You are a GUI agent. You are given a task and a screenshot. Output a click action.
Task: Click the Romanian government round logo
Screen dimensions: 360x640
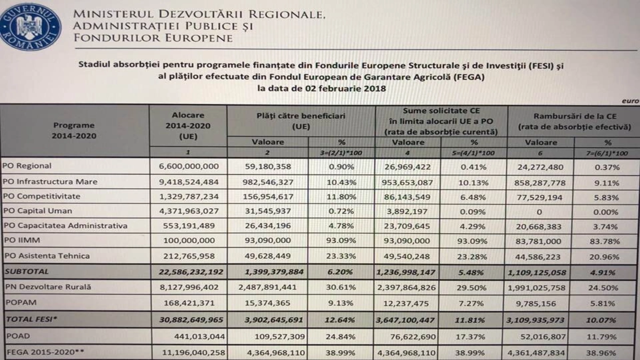[30, 26]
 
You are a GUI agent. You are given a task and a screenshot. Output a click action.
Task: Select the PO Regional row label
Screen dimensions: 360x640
[27, 166]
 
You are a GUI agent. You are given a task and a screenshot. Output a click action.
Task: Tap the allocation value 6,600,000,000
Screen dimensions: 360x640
[188, 166]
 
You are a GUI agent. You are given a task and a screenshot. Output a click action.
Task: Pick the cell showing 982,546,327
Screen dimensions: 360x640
[268, 182]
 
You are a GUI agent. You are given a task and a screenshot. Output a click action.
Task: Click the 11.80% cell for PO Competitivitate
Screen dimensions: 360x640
[342, 197]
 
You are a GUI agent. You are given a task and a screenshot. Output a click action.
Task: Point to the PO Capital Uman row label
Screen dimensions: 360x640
[38, 211]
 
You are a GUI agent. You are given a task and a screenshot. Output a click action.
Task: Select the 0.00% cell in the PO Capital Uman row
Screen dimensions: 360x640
[606, 212]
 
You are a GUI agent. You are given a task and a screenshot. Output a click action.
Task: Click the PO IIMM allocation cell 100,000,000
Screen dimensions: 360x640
[189, 240]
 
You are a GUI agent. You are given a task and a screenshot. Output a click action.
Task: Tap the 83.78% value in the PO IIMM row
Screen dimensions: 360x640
[604, 242]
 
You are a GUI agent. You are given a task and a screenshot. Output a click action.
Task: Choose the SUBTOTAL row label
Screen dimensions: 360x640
[26, 271]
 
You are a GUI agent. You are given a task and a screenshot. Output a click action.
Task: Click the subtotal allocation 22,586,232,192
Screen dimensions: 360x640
[191, 272]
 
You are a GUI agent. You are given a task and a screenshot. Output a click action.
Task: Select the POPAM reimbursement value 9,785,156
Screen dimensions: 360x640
[536, 304]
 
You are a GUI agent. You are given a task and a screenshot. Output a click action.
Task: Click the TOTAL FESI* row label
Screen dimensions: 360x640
[32, 319]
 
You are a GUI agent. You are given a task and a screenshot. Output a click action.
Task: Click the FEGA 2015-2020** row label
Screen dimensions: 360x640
[45, 352]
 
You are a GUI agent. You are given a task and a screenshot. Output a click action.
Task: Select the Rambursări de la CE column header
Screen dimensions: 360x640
[574, 122]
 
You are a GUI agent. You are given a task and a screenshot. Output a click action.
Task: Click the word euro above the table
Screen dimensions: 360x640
[630, 101]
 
